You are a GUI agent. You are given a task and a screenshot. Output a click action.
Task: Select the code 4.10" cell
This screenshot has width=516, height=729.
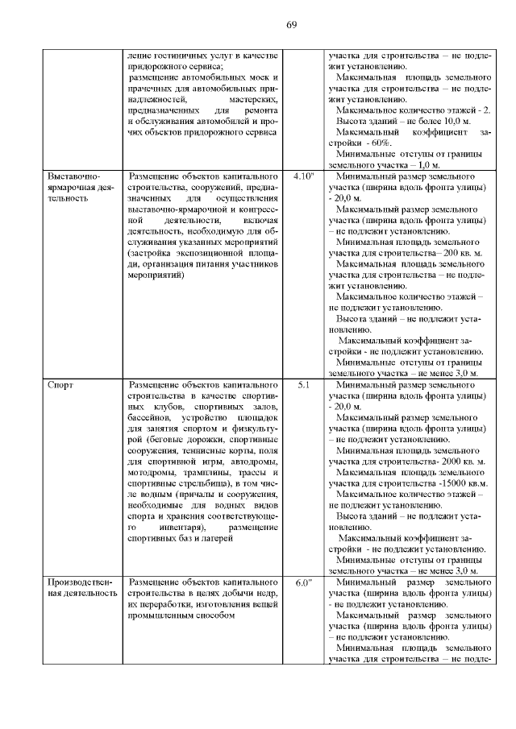pos(304,175)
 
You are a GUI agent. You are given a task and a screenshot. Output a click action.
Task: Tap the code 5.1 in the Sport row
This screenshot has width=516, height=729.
pos(304,385)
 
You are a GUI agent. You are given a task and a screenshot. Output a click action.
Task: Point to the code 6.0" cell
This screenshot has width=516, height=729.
pos(304,582)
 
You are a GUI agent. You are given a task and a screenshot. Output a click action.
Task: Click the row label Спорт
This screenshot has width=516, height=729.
pos(61,385)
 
